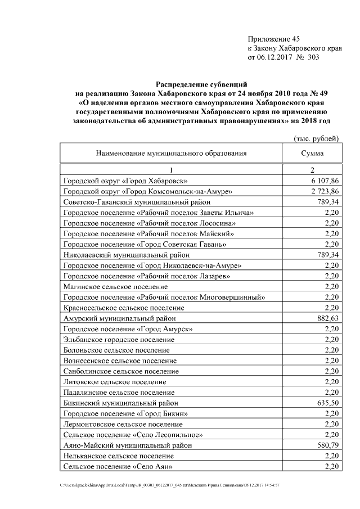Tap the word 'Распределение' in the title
click(183, 84)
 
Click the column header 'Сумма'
click(312, 153)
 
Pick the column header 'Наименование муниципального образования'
click(171, 153)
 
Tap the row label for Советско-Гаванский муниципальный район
click(137, 202)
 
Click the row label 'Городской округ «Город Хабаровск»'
click(126, 181)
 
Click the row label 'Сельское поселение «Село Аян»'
click(118, 466)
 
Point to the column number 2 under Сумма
click(312, 169)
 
